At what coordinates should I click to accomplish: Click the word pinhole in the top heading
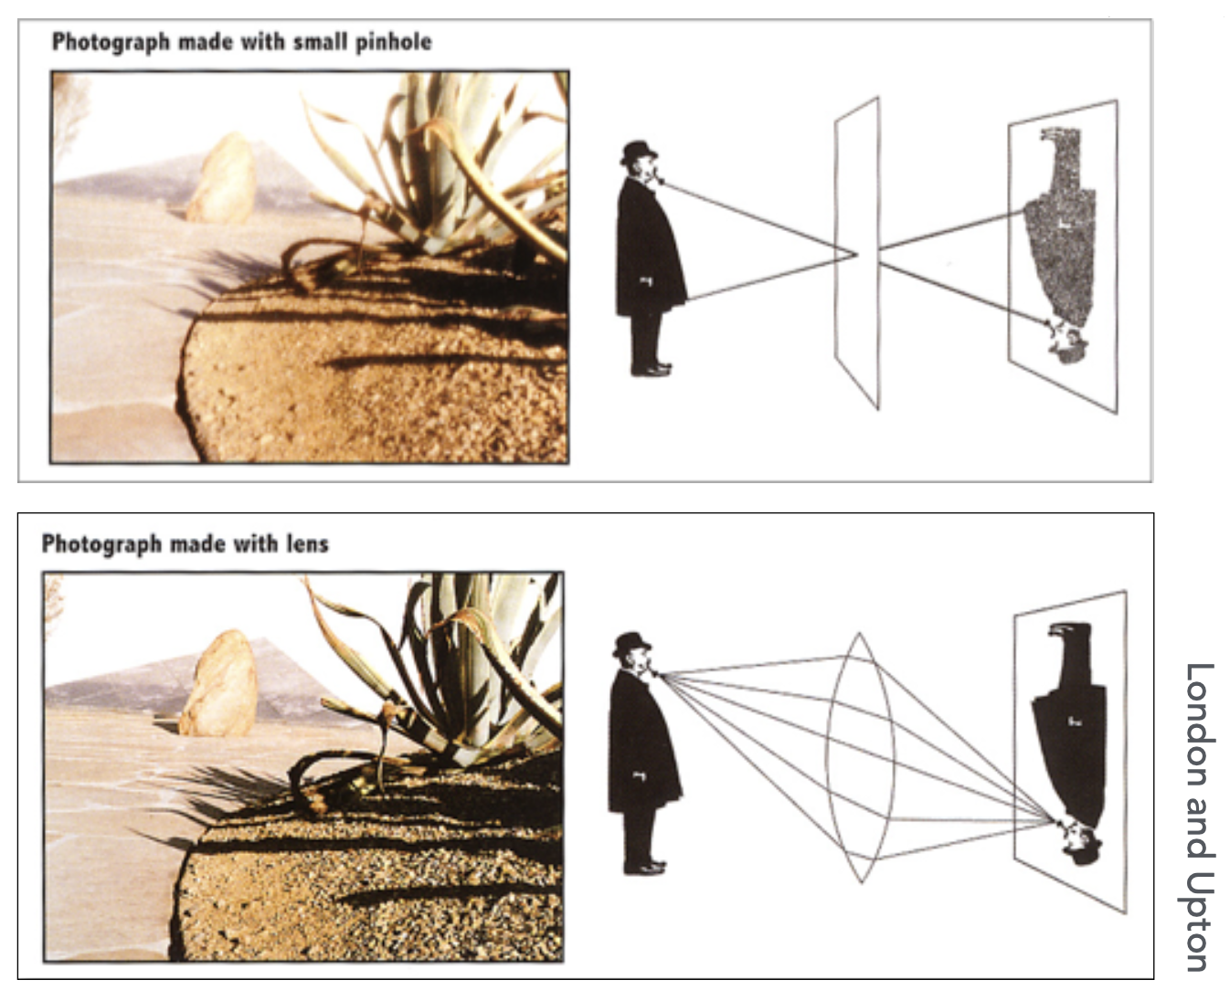[393, 43]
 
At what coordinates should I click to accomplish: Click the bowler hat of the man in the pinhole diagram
[638, 153]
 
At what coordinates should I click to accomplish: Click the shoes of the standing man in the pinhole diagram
[652, 369]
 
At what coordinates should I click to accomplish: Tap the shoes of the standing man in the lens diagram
[645, 867]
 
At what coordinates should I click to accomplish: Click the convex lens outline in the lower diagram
[860, 756]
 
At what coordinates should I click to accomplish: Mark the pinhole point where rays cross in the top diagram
[857, 254]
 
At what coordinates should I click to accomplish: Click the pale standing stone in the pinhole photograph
[222, 178]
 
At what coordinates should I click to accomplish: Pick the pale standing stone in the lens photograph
[218, 684]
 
